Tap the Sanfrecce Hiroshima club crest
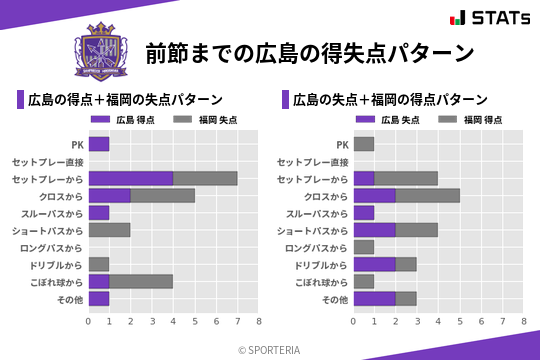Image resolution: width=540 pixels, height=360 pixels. (x=103, y=51)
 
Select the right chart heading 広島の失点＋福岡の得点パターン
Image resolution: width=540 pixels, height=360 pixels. (x=389, y=100)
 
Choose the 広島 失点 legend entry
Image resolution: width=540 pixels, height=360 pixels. (x=389, y=119)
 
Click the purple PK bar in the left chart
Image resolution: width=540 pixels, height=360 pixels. (x=98, y=144)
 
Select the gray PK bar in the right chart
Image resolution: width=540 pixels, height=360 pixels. (x=364, y=144)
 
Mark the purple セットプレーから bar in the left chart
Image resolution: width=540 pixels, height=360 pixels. (x=130, y=178)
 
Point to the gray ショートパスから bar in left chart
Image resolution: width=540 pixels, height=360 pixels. (x=109, y=230)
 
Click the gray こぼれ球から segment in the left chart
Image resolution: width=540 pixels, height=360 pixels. (x=141, y=282)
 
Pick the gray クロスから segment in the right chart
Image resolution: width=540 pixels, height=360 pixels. (x=428, y=196)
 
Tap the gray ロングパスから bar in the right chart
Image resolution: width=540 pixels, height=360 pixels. (x=364, y=247)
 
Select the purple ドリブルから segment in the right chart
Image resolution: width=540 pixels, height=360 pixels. (x=375, y=265)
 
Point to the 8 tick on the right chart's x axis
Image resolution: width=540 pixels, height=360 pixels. (x=524, y=322)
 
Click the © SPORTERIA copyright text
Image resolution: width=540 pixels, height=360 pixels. (x=270, y=349)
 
